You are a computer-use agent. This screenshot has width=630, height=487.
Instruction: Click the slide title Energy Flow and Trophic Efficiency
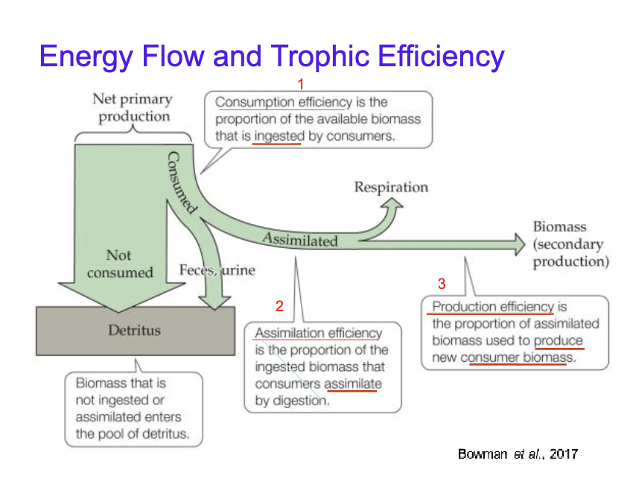(x=272, y=56)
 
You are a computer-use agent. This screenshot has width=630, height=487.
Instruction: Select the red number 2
(x=279, y=305)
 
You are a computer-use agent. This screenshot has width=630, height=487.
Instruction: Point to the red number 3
(x=442, y=284)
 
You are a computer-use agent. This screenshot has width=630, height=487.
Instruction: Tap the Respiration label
(x=391, y=187)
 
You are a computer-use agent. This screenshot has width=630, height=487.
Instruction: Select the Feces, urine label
(x=217, y=270)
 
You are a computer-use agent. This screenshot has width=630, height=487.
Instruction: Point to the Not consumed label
(x=119, y=264)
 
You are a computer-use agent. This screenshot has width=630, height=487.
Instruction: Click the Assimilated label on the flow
(x=300, y=240)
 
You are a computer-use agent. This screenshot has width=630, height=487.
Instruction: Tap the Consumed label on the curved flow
(x=181, y=182)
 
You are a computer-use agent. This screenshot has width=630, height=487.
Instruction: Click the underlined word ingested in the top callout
(x=278, y=137)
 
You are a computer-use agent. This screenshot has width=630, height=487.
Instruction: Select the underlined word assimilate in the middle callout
(x=353, y=383)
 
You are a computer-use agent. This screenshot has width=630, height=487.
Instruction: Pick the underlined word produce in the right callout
(x=558, y=341)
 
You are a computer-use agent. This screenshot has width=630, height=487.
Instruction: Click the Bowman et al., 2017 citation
(x=518, y=453)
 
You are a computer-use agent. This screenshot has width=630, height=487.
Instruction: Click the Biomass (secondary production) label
(x=570, y=244)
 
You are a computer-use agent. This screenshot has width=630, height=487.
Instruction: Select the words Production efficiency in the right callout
(x=492, y=307)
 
